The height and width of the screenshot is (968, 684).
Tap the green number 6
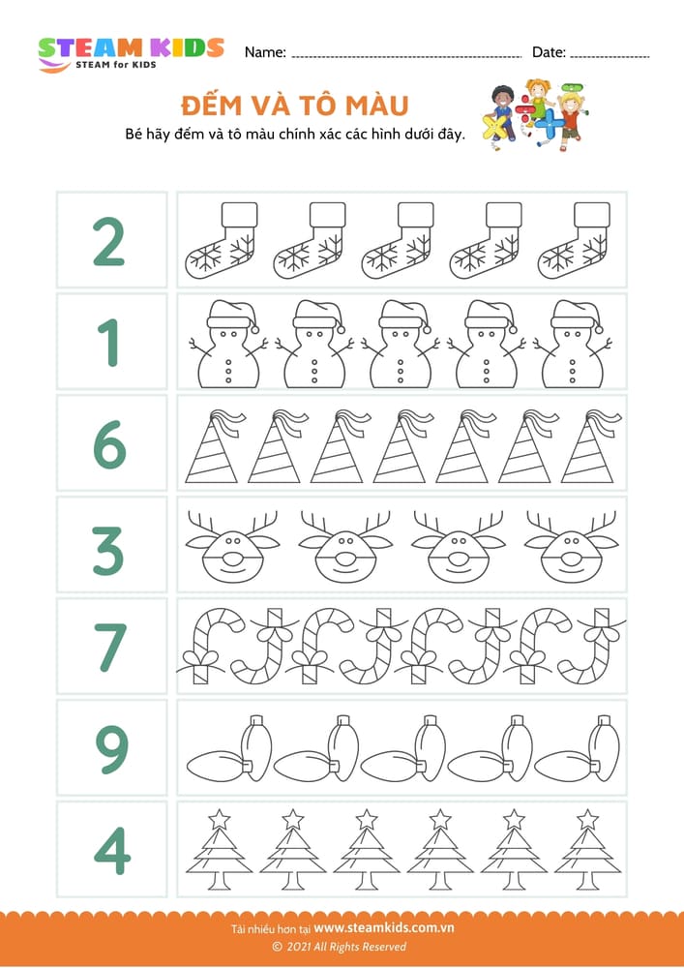[x=109, y=444]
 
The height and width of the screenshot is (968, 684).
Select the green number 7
[x=109, y=648]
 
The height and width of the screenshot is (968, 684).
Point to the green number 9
[x=109, y=749]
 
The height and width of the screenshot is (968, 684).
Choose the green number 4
[x=109, y=851]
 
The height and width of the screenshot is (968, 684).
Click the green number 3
[x=109, y=546]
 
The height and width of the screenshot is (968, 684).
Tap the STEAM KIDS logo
[x=130, y=52]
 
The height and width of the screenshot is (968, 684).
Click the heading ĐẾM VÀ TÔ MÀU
[x=294, y=105]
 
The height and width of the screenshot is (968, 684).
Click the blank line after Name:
[x=405, y=56]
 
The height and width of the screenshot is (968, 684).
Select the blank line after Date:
[x=608, y=56]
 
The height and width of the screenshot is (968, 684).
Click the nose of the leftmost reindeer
[x=219, y=560]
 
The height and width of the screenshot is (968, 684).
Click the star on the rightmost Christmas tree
[x=587, y=819]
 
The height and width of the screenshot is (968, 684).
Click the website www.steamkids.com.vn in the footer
[x=384, y=927]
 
